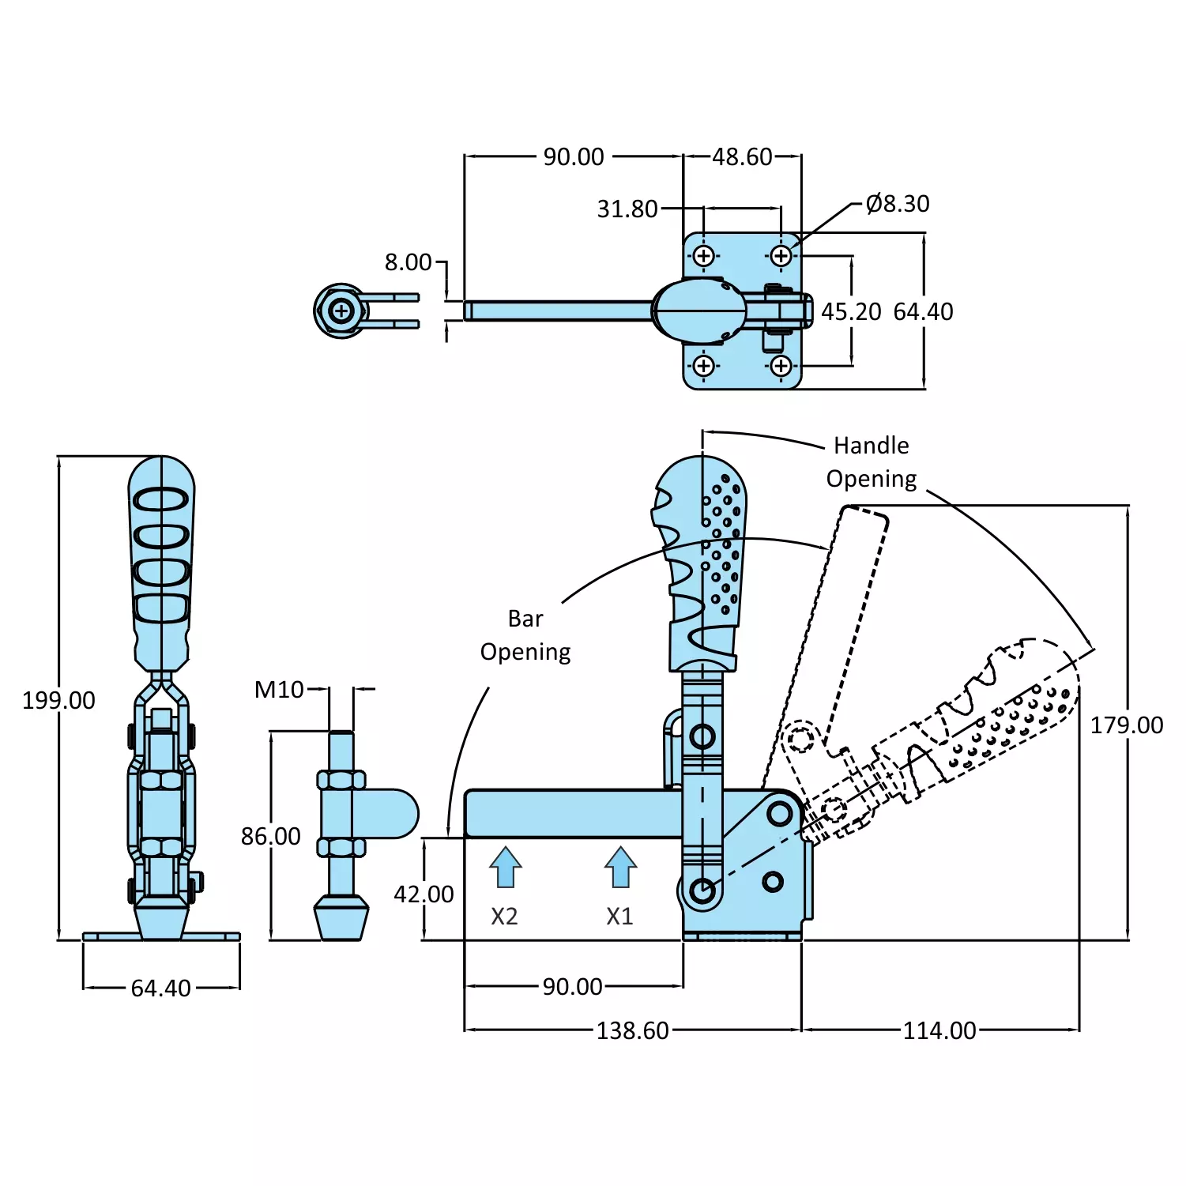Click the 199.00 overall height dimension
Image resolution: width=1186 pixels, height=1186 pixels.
click(x=58, y=700)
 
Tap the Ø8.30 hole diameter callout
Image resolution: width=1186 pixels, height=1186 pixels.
click(x=898, y=204)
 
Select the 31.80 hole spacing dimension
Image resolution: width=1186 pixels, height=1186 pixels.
click(x=627, y=209)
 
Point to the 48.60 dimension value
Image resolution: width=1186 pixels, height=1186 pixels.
click(x=742, y=157)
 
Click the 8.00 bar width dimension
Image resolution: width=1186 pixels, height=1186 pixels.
click(x=409, y=262)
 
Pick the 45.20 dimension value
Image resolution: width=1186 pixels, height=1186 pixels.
click(x=851, y=312)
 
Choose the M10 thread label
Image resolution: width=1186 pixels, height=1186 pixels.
click(x=279, y=690)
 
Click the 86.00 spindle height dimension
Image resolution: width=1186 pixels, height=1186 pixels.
click(x=271, y=836)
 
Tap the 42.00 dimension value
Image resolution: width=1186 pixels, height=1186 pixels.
click(x=424, y=894)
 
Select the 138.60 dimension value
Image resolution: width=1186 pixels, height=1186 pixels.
click(x=633, y=1030)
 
